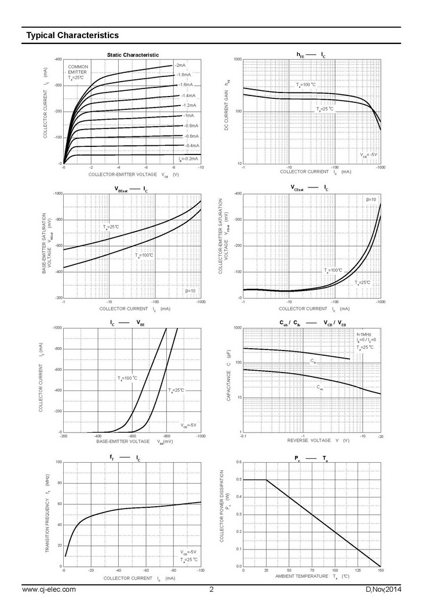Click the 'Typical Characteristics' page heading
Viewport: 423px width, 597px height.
click(x=72, y=35)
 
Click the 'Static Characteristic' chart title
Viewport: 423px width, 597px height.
click(x=133, y=55)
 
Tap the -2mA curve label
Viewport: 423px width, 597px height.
click(x=180, y=65)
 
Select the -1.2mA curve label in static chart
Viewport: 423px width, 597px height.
click(x=189, y=105)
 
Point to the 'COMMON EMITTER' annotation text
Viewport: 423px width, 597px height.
click(x=78, y=69)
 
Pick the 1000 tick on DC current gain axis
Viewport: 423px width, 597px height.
click(x=237, y=60)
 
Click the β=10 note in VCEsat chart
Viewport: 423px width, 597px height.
click(x=371, y=200)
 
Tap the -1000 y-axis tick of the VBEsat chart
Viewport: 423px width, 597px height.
click(x=57, y=194)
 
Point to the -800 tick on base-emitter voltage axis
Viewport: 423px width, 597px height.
click(x=167, y=436)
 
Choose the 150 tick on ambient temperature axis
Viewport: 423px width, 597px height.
click(x=380, y=570)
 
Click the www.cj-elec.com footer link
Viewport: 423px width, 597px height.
click(x=49, y=589)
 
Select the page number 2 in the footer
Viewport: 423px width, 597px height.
click(x=211, y=589)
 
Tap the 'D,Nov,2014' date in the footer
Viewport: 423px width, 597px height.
click(x=382, y=589)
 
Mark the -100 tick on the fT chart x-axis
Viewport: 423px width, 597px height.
click(x=200, y=570)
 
